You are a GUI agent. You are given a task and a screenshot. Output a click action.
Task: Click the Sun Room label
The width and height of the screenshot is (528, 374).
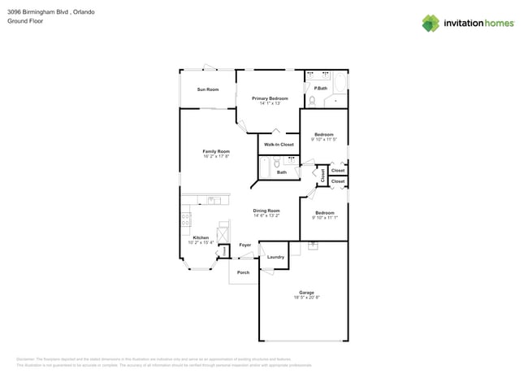208,89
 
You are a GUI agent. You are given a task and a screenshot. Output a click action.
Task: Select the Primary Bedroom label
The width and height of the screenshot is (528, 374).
270,98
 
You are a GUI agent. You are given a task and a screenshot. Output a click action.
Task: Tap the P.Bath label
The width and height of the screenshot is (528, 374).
321,88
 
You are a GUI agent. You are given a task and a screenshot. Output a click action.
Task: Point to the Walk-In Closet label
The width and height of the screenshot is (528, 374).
279,145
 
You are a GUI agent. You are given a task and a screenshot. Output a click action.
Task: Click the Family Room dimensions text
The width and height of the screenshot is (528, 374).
216,157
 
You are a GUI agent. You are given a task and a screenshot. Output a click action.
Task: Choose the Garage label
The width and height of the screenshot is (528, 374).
306,293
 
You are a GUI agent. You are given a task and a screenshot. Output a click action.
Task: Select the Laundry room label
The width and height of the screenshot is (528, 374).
276,257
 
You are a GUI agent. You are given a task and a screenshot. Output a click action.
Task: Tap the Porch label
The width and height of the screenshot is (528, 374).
243,272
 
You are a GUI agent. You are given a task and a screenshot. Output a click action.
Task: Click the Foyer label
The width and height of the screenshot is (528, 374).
245,244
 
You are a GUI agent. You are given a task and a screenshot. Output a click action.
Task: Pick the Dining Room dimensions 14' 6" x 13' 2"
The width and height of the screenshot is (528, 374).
266,215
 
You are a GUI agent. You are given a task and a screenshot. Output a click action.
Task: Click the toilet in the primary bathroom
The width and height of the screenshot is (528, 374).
312,101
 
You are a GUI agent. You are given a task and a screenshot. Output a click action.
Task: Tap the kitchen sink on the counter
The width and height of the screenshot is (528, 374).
212,199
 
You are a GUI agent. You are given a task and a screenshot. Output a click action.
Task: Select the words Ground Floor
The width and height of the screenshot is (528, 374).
25,21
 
